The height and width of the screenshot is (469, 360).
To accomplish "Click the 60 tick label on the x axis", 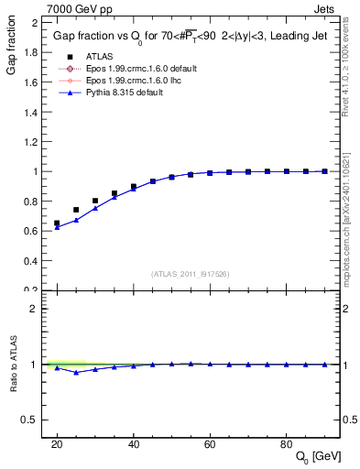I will point(210,444).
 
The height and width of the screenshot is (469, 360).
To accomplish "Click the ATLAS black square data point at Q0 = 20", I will point(57,223).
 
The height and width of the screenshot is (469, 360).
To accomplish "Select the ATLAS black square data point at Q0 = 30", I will point(95,201).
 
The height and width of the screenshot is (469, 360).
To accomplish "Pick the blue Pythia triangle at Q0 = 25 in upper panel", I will point(76,220).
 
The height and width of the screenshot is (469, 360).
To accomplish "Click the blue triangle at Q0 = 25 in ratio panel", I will point(76,372).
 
